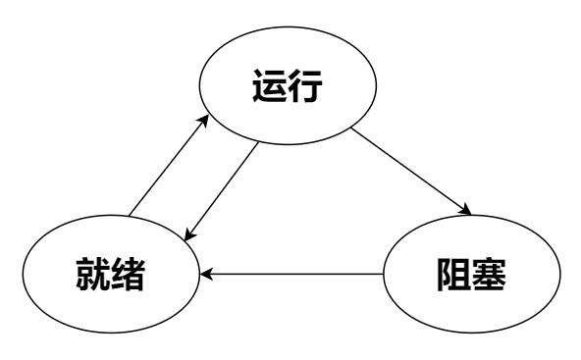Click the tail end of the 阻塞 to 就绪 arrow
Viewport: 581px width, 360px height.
[380, 274]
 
